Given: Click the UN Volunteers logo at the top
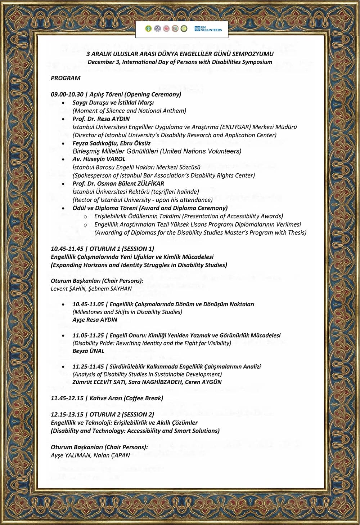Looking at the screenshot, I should click(208, 29).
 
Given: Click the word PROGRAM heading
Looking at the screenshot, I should click(66, 78).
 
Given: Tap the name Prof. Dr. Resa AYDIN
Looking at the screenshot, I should click(101, 119).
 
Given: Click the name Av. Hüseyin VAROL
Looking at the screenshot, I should click(99, 159).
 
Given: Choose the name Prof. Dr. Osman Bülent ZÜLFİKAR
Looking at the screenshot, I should click(118, 183).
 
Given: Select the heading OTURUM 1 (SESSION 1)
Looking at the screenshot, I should click(122, 249).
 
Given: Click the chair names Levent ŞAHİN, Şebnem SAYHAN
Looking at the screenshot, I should click(91, 288).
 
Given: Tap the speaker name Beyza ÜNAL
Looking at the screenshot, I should click(88, 351).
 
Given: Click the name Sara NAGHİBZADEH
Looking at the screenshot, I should click(155, 382).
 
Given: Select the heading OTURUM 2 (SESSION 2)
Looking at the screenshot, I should click(122, 414).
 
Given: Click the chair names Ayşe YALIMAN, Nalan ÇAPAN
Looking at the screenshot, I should click(90, 455).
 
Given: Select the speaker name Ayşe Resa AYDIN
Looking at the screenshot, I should click(95, 320).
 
